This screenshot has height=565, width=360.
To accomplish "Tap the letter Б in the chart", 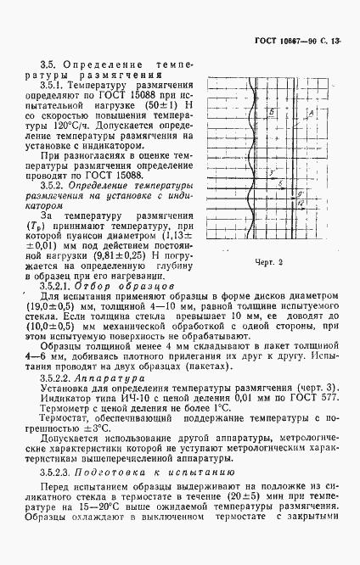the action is (270, 112).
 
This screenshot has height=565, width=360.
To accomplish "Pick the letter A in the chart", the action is (312, 112).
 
